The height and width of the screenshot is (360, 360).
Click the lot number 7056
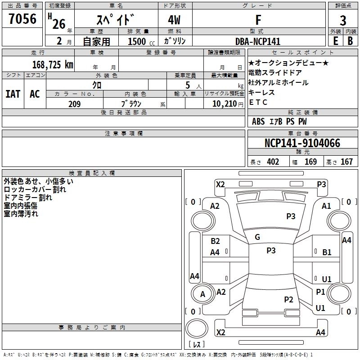click(22, 19)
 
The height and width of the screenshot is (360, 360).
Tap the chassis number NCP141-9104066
click(302, 143)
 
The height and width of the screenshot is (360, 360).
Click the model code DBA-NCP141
click(258, 41)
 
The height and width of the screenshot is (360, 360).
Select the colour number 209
click(74, 104)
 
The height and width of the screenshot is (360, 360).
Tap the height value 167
click(346, 162)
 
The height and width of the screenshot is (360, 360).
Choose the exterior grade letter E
click(335, 40)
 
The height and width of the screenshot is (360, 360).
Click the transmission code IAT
click(13, 94)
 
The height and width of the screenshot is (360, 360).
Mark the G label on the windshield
click(257, 237)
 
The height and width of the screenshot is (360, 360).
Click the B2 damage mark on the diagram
click(215, 241)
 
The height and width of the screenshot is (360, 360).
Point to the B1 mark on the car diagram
click(327, 252)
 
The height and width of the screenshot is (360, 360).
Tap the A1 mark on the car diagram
click(326, 206)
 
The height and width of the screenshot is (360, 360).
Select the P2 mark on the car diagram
click(288, 299)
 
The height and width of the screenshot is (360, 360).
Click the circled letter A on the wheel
click(202, 294)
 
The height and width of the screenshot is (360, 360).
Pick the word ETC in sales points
click(258, 102)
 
